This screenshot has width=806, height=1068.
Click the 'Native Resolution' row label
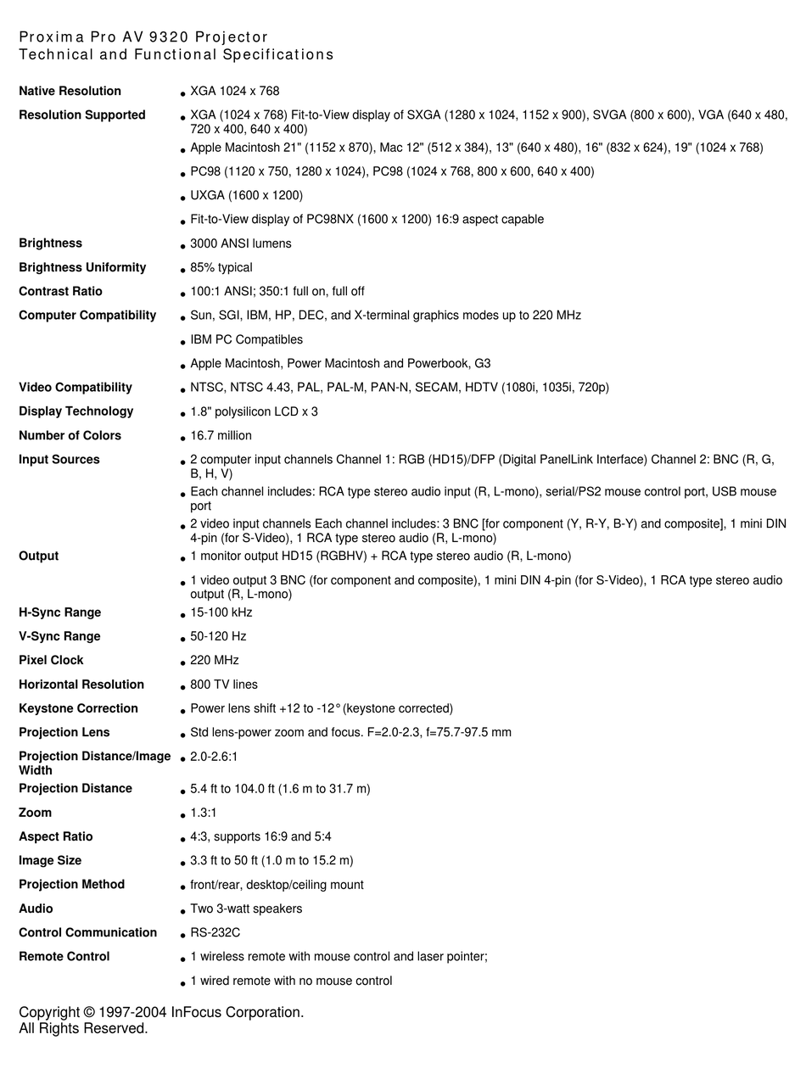(x=70, y=91)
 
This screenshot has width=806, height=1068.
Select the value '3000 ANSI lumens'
(x=240, y=243)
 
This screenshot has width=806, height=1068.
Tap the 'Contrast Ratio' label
(x=60, y=291)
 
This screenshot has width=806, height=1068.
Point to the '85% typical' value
(x=221, y=267)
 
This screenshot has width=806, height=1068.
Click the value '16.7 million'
(x=221, y=435)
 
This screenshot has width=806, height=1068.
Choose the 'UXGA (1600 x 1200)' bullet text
(x=246, y=195)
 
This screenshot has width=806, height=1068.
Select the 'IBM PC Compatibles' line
(x=246, y=339)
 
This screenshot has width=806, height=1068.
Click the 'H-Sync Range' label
(x=59, y=612)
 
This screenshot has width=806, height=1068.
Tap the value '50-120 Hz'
(x=218, y=636)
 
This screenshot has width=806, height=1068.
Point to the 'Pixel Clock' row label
(x=51, y=660)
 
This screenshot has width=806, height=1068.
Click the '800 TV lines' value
(x=224, y=685)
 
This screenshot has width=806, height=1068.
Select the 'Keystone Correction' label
(x=78, y=708)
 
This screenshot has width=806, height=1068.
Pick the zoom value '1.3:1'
(x=204, y=813)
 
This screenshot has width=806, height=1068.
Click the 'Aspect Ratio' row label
(x=56, y=836)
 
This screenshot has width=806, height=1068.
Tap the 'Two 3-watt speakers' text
(x=246, y=909)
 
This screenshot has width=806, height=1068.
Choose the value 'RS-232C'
(x=215, y=932)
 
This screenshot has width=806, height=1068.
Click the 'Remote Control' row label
(x=64, y=956)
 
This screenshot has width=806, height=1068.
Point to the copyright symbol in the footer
(x=89, y=1012)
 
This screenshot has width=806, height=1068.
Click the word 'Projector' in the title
(x=232, y=37)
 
